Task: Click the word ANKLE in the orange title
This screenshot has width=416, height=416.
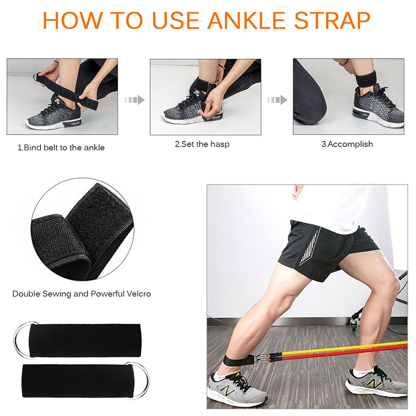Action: [x=246, y=20]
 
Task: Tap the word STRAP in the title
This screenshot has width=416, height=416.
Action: [x=332, y=20]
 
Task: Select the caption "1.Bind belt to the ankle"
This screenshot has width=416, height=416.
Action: [x=61, y=148]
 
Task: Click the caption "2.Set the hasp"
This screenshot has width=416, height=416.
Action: [x=202, y=144]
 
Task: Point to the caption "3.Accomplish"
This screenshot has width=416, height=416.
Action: [x=347, y=144]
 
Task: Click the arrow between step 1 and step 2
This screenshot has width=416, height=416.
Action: [x=135, y=100]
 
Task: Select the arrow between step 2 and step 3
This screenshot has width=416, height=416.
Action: [x=277, y=100]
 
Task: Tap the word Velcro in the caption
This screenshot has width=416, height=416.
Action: [x=139, y=294]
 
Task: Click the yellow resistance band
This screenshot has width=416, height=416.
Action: [x=344, y=348]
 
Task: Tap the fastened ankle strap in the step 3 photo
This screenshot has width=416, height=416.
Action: [x=366, y=79]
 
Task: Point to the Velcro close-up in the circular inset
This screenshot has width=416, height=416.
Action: [x=83, y=229]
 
